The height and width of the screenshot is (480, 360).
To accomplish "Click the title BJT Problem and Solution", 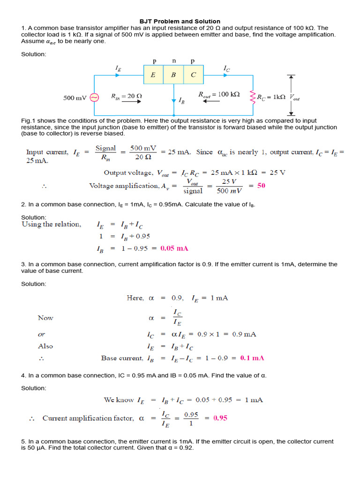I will pyautogui.click(x=180, y=21).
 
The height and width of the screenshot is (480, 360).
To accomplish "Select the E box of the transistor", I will pyautogui.click(x=153, y=75).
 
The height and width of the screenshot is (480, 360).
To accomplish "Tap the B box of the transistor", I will pyautogui.click(x=173, y=75).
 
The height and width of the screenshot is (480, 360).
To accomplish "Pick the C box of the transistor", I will pyautogui.click(x=194, y=75).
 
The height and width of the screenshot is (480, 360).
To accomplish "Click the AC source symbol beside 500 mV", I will pyautogui.click(x=94, y=97).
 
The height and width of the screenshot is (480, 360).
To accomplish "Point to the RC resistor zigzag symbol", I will pyautogui.click(x=253, y=97).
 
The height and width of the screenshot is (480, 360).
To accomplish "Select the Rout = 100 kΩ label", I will pyautogui.click(x=219, y=94).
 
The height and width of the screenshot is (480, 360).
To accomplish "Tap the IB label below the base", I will pyautogui.click(x=181, y=100).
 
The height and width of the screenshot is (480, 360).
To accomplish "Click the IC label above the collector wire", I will pyautogui.click(x=227, y=68).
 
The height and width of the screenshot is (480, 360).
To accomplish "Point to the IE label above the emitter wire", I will pyautogui.click(x=118, y=68).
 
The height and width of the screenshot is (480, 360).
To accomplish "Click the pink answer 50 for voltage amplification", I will pyautogui.click(x=261, y=186).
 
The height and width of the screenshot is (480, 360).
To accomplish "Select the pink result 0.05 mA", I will pyautogui.click(x=174, y=248).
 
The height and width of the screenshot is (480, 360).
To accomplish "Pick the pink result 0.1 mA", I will pyautogui.click(x=252, y=358).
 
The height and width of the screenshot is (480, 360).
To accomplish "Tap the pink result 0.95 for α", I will pyautogui.click(x=220, y=418).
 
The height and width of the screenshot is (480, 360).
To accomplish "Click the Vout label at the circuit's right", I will pyautogui.click(x=295, y=97).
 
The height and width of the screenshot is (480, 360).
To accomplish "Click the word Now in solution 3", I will pyautogui.click(x=45, y=318).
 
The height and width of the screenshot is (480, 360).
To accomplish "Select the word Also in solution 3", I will pyautogui.click(x=45, y=346).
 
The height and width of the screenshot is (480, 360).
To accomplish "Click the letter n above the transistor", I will pyautogui.click(x=174, y=61).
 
